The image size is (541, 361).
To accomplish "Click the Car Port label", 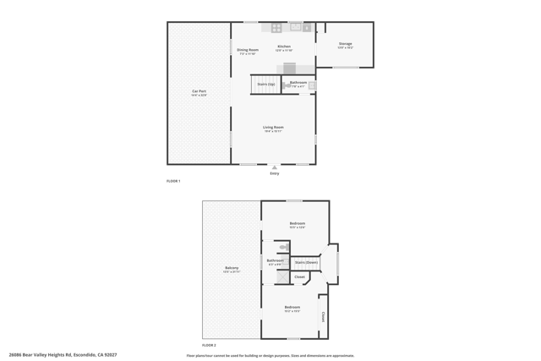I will point(199,91).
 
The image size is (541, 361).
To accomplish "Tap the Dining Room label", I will point(247,50).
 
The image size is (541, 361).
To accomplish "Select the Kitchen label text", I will point(284,46).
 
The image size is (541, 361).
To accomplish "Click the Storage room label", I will point(345,44).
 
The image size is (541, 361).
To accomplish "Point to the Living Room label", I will point(272,128).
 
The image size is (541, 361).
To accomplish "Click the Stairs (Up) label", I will point(265,85).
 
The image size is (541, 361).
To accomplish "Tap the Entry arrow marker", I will point(275,167).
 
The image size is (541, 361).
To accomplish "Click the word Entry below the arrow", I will point(275,173).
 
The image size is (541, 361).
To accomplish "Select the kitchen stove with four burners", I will point(276,28).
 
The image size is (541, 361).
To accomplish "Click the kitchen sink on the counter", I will point(296,27).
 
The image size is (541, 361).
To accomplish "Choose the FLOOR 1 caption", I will point(173,181).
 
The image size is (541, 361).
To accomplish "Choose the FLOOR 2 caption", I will point(209,346).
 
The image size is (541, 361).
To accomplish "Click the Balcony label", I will point(232,268).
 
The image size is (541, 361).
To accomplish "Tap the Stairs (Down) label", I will point(306,263).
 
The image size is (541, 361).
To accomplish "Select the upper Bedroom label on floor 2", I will point(297,224).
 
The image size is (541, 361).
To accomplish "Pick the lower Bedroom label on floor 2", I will point(292,307).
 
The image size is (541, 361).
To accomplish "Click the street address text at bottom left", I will point(63,355).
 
